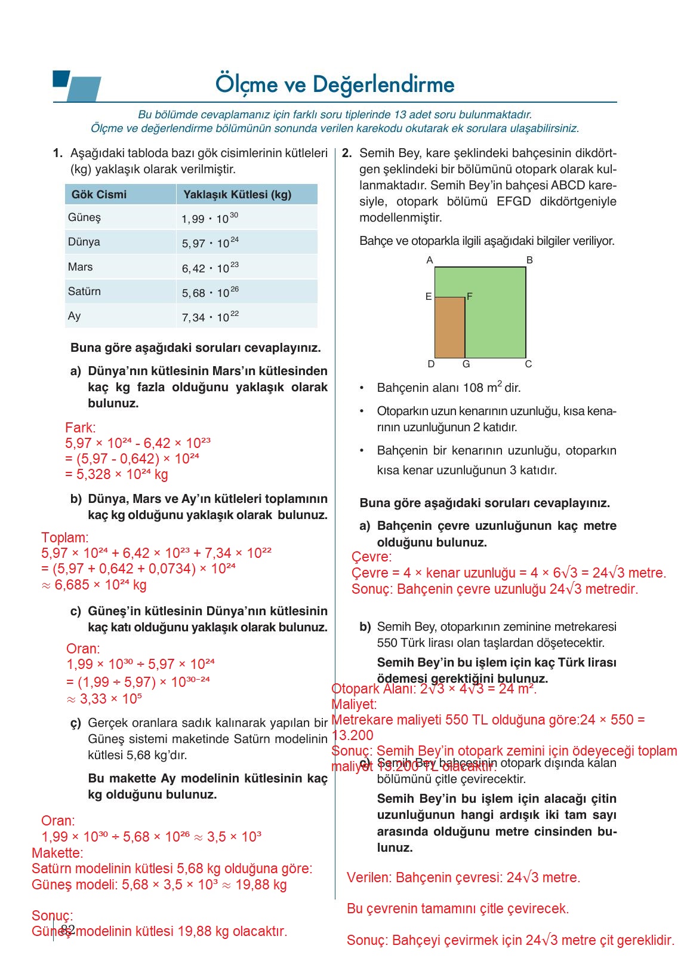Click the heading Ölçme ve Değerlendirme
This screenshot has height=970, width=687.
tap(335, 85)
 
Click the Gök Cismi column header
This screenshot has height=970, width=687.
tap(98, 195)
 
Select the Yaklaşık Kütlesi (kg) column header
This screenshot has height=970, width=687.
tap(237, 195)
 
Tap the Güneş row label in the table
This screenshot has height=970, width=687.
tap(84, 217)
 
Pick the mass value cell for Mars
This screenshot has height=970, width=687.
tap(210, 268)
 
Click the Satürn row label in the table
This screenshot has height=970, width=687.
tap(84, 291)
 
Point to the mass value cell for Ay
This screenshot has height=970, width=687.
tap(210, 317)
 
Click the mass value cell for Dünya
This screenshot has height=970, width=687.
tap(210, 243)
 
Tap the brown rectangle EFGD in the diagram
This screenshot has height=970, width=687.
tap(449, 327)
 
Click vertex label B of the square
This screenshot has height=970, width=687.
tap(529, 260)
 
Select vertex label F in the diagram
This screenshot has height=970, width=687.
tap(470, 296)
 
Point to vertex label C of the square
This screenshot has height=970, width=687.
tap(528, 364)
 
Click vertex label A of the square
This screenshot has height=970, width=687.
tap(430, 260)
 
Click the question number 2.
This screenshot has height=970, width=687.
tap(347, 154)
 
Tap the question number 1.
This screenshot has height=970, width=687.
tap(58, 154)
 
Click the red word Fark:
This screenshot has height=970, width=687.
tap(80, 428)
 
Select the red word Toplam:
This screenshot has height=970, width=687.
tap(64, 538)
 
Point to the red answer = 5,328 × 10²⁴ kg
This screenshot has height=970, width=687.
tap(116, 474)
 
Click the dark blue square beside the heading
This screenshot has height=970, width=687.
tap(61, 78)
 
